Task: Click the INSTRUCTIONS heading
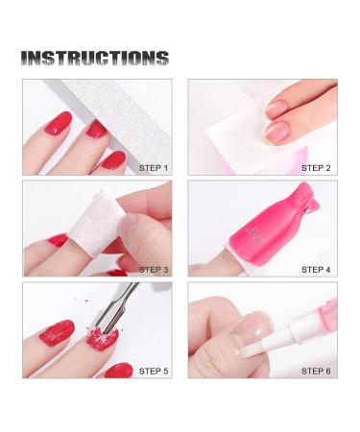95,59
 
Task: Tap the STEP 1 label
154,168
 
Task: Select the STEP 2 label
316,168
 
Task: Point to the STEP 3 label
154,270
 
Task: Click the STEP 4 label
316,270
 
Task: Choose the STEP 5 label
154,372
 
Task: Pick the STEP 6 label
316,372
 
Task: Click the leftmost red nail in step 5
57,333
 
